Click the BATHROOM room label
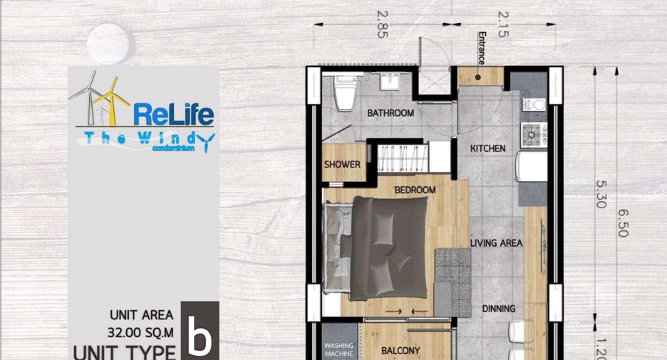tap(391, 113)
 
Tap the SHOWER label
tap(342, 164)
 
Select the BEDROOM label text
tap(415, 190)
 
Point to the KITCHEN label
tap(488, 148)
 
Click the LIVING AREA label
tap(496, 243)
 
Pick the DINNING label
tap(499, 309)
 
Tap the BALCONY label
tap(400, 351)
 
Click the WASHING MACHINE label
tap(338, 350)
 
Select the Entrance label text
tap(482, 48)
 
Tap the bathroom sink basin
tap(389, 81)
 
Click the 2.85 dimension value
tap(383, 24)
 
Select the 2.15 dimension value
tap(503, 24)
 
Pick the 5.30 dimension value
tap(601, 194)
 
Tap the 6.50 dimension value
tap(623, 223)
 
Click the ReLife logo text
tap(174, 114)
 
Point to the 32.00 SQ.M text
tap(140, 332)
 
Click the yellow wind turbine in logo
tap(111, 101)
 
